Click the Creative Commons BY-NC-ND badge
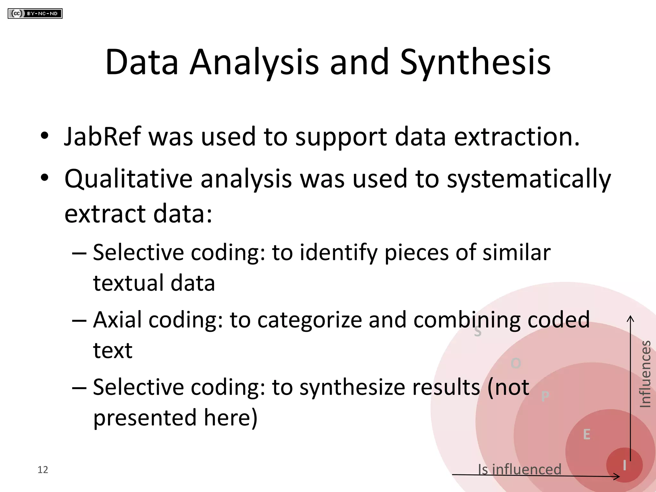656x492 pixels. click(x=35, y=14)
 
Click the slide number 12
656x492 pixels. click(x=43, y=470)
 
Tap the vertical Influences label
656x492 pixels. click(x=645, y=374)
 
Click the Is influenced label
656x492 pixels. click(x=520, y=469)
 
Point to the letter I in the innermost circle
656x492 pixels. click(x=624, y=465)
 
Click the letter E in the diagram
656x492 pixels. click(x=586, y=435)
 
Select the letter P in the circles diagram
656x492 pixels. click(x=545, y=397)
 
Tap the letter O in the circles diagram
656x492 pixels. click(x=516, y=363)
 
